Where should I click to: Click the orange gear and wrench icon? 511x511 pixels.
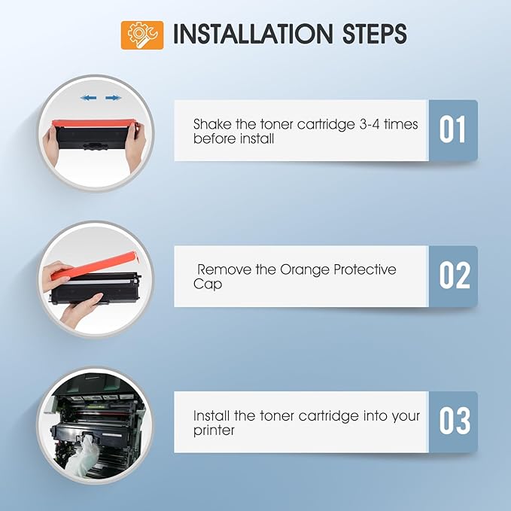[142, 35]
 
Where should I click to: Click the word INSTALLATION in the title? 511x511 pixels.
[253, 34]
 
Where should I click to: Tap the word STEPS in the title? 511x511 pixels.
[375, 34]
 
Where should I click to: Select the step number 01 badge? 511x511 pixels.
[453, 130]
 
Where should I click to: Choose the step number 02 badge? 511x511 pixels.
[453, 275]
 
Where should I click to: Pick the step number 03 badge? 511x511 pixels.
[453, 421]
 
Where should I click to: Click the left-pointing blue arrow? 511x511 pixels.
[88, 97]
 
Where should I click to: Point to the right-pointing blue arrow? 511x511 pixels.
[113, 97]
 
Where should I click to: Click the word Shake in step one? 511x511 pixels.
[212, 124]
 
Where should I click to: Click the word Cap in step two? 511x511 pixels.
[208, 284]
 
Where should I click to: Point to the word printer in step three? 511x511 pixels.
[214, 430]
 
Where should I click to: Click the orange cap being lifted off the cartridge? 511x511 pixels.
[96, 265]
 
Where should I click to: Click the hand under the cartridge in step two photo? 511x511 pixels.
[81, 309]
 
